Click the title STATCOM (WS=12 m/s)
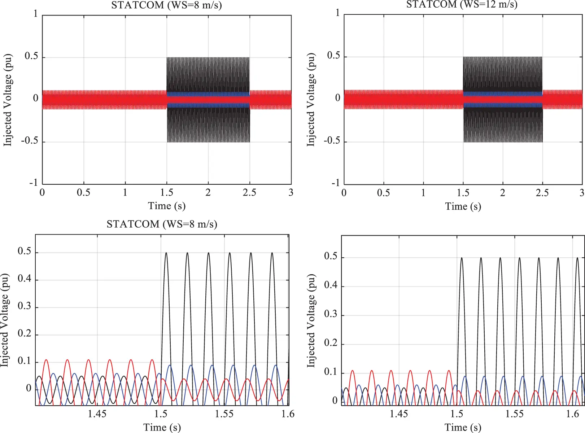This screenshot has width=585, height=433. click(462, 4)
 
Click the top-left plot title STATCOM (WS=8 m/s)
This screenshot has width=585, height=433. click(166, 5)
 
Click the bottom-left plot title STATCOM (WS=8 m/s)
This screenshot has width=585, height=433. click(162, 224)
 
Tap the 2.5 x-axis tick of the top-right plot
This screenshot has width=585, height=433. click(542, 193)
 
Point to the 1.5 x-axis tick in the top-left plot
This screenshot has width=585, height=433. click(167, 192)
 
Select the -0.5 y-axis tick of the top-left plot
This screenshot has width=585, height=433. click(30, 140)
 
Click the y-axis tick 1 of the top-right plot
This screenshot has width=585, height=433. click(338, 13)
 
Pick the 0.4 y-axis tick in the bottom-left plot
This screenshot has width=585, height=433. click(25, 279)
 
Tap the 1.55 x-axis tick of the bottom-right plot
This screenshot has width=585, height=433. click(514, 414)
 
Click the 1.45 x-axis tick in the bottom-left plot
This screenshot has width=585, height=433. click(97, 414)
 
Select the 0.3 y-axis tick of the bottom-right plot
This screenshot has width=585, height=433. click(331, 314)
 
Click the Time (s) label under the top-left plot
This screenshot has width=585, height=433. click(167, 206)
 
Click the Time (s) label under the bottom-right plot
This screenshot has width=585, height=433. click(463, 428)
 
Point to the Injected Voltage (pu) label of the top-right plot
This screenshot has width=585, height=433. click(311, 100)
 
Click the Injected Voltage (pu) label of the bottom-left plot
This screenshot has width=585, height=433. click(5, 320)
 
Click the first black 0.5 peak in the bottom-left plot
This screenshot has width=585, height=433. click(166, 253)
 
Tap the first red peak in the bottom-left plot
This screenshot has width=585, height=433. click(46, 360)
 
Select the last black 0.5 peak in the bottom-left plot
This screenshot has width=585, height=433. click(272, 253)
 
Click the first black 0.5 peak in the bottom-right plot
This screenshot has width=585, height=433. click(462, 258)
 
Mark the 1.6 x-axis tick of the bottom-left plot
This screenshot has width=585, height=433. click(288, 414)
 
